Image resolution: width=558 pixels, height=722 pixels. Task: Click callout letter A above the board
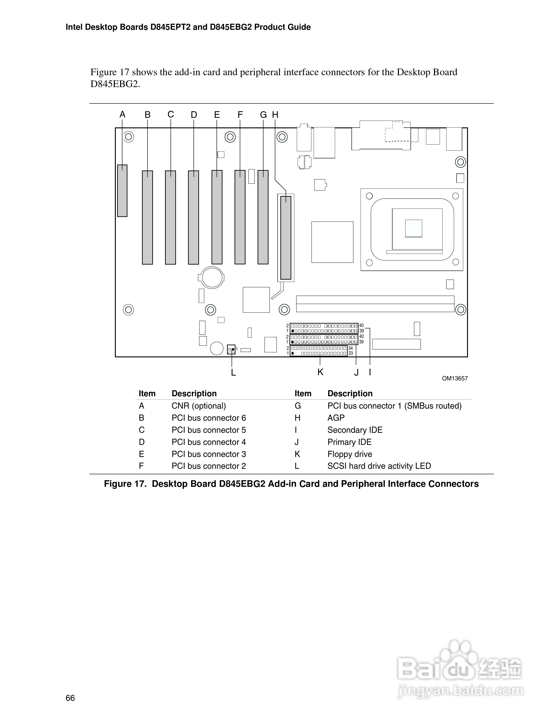point(122,115)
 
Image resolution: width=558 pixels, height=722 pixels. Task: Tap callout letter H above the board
point(275,115)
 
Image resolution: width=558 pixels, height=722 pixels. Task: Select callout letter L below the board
point(233,373)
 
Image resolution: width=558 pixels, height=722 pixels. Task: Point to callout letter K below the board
point(320,372)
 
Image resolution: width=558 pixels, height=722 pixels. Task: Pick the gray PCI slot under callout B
point(147,217)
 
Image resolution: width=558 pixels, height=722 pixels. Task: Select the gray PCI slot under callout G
point(263,217)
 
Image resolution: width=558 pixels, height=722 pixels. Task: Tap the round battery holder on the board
point(212,277)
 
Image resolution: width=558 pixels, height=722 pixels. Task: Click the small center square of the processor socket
point(413,228)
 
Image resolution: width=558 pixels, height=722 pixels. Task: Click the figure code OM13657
point(455,379)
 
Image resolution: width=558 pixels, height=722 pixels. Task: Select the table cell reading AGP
point(336,418)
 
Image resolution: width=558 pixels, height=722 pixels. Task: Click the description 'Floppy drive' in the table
point(350,454)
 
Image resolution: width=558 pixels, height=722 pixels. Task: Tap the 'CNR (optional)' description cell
point(199,406)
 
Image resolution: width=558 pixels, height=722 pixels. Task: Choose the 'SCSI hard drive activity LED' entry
point(379,466)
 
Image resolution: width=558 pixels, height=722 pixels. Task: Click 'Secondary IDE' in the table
point(355,430)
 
